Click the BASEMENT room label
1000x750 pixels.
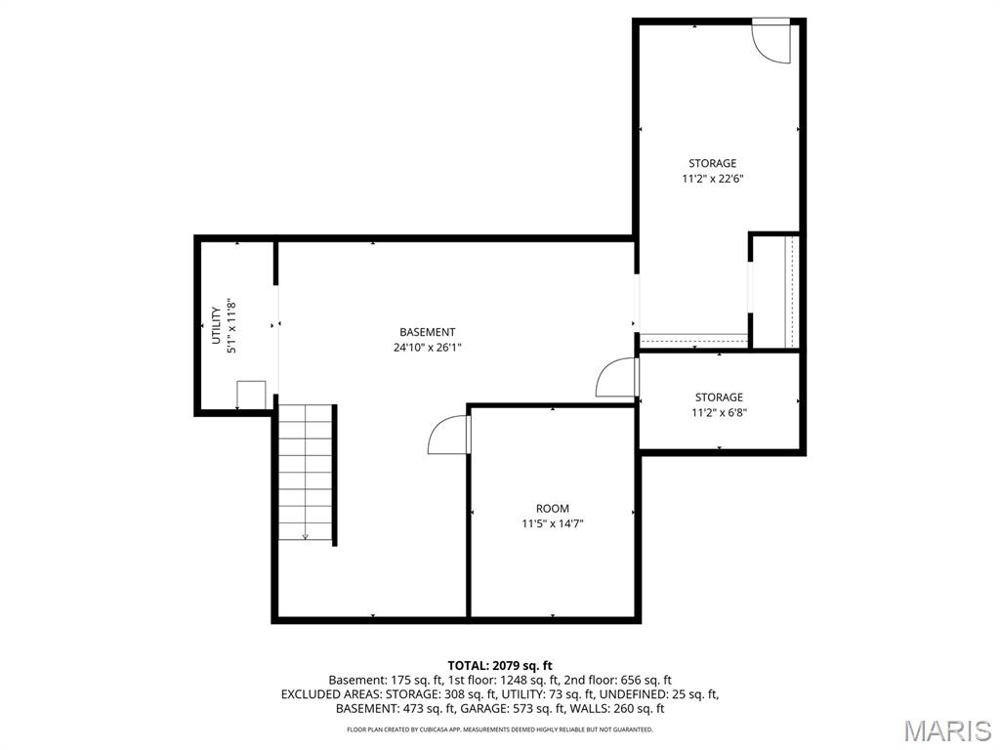[428, 332]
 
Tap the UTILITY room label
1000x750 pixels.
[216, 325]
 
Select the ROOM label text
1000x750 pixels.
[553, 509]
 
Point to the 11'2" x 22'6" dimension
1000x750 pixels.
[713, 180]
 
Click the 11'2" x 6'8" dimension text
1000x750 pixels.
[720, 413]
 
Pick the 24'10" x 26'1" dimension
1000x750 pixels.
[428, 348]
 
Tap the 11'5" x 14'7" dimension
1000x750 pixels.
[553, 524]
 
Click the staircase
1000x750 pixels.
[306, 472]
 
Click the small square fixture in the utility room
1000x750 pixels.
[251, 395]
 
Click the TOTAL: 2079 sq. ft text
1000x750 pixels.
[500, 666]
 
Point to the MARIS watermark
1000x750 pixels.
[947, 730]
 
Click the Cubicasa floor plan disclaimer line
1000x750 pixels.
[500, 729]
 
